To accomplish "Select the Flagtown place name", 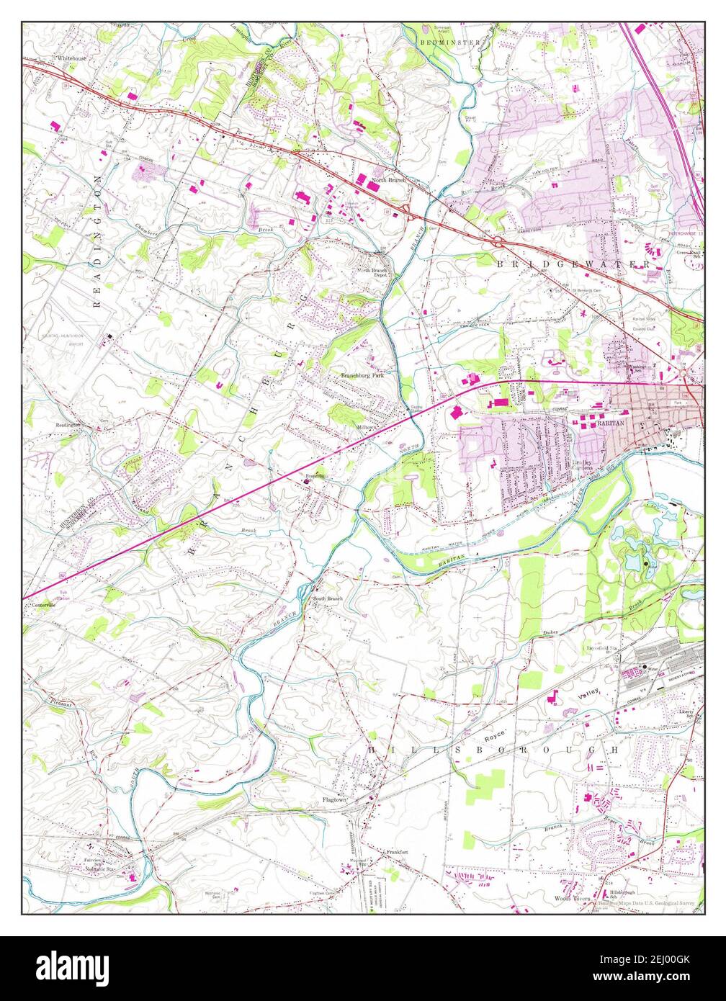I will point(335,799).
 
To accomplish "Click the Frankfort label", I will point(394,852).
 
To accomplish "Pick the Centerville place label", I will point(43,605).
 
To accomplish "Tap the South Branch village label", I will point(327,598).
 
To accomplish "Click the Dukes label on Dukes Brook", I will point(550,634).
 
